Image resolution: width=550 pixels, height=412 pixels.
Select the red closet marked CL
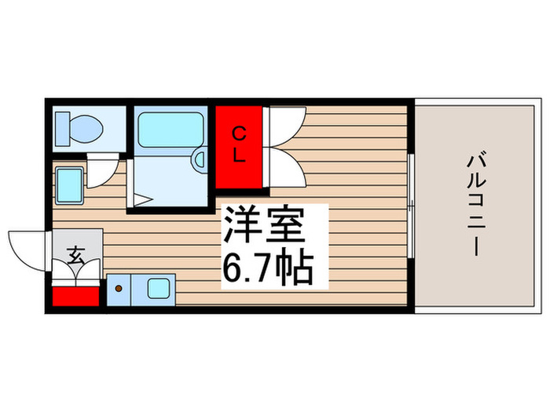239,146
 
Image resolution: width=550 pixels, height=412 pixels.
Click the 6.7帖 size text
267,268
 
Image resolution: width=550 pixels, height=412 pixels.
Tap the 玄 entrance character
76,255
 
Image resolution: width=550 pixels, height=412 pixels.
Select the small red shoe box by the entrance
75,297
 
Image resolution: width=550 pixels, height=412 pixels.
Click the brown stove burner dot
119,288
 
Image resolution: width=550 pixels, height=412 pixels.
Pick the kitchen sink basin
160,288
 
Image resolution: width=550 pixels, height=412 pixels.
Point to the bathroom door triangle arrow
141,201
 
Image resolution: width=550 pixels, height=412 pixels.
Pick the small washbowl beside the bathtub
200,162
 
